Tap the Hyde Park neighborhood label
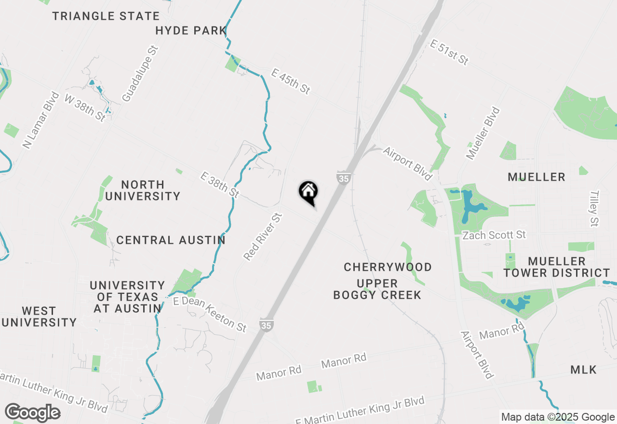tap(191, 31)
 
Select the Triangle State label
tap(106, 16)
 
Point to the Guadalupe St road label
tap(140, 74)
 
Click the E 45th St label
tap(291, 81)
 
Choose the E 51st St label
tap(449, 53)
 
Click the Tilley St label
tap(594, 208)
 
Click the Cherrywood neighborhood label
tap(388, 267)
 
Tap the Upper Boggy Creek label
tap(377, 289)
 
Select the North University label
tap(143, 190)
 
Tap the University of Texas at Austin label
tap(127, 297)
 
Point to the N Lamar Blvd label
tap(41, 120)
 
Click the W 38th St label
tap(85, 107)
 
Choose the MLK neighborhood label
tap(583, 370)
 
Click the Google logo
tap(32, 413)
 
